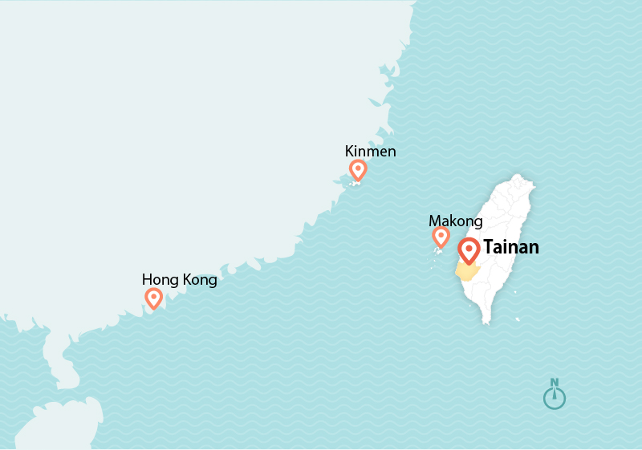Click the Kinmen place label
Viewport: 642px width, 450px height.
370,152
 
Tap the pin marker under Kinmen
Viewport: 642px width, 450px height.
358,169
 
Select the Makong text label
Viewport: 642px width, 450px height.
455,221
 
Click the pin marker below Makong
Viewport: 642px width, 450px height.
441,237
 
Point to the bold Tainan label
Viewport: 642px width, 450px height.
510,247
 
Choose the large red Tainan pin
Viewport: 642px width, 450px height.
469,249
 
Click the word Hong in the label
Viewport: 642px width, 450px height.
158,280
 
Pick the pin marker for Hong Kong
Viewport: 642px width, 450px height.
153,298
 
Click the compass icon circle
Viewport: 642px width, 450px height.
554,398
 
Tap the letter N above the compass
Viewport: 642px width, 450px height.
554,383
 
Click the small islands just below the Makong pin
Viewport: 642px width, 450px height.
438,252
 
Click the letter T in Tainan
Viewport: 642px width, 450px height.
488,247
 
